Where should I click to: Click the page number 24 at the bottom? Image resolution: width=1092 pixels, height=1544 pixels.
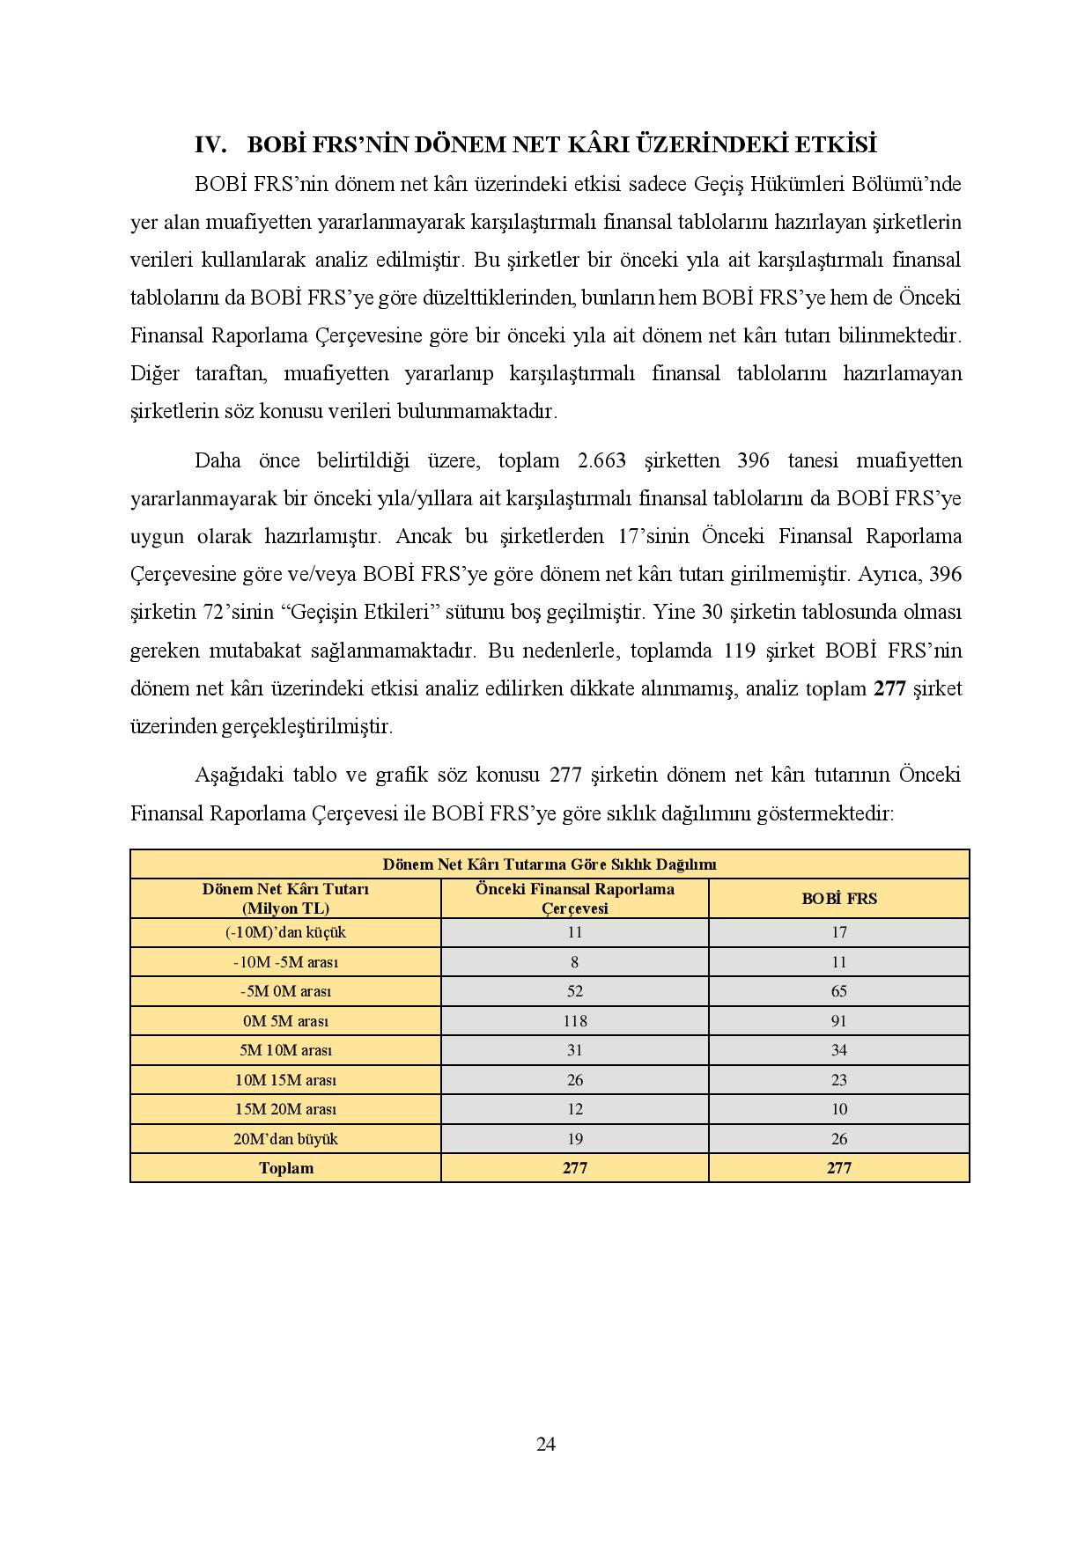(x=545, y=1444)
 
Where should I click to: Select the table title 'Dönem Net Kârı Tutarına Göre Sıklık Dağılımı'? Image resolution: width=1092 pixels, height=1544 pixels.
(x=550, y=864)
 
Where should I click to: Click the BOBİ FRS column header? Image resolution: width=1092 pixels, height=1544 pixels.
(x=838, y=899)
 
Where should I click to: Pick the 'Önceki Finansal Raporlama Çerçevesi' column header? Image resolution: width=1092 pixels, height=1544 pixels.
(x=574, y=899)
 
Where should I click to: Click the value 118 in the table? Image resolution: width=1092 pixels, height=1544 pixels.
(x=574, y=1021)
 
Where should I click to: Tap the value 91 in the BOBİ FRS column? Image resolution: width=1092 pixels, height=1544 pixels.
(x=838, y=1021)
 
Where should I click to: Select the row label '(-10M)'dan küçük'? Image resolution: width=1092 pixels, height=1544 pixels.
(x=285, y=932)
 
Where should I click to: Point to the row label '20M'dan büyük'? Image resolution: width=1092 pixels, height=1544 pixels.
(x=285, y=1139)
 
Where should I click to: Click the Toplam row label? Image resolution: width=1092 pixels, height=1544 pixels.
(x=285, y=1168)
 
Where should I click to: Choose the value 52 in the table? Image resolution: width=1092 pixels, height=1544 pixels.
(x=574, y=991)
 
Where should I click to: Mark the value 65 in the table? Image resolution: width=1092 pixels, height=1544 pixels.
(x=838, y=991)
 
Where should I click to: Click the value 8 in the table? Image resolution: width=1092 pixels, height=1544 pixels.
(x=574, y=962)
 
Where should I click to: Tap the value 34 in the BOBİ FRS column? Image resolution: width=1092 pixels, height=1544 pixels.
(x=838, y=1050)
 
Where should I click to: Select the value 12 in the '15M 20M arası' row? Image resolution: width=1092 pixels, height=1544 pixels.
(x=574, y=1109)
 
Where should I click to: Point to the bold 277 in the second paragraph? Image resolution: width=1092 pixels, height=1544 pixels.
(x=889, y=688)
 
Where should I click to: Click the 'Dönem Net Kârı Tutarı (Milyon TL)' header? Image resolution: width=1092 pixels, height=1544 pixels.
(x=285, y=899)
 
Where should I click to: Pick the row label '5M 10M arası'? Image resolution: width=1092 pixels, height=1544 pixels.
(x=285, y=1050)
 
